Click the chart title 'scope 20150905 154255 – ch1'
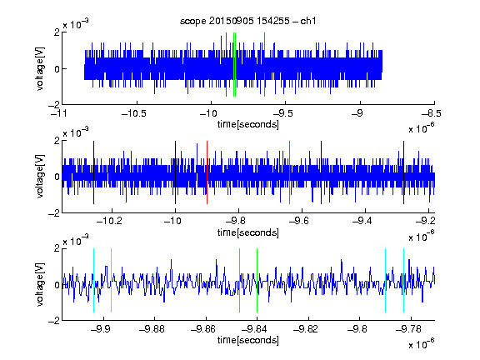click(x=247, y=21)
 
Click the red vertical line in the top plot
click(x=226, y=65)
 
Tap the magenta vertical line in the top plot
click(x=264, y=65)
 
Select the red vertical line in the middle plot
click(x=207, y=172)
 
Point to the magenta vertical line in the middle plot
click(x=290, y=172)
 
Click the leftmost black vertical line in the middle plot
click(x=93, y=172)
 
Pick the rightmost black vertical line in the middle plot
click(x=403, y=172)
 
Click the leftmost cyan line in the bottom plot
click(x=93, y=280)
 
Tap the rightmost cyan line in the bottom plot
click(x=403, y=280)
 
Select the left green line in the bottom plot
click(x=239, y=280)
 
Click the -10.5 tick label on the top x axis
click(x=134, y=114)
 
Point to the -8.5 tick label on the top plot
click(x=431, y=114)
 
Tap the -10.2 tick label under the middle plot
click(x=109, y=221)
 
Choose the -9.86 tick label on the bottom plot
click(x=203, y=329)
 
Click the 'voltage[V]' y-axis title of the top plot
click(x=40, y=68)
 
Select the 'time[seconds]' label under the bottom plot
click(x=248, y=340)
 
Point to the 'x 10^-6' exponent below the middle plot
click(x=422, y=236)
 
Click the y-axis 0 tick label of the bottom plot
click(x=57, y=285)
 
